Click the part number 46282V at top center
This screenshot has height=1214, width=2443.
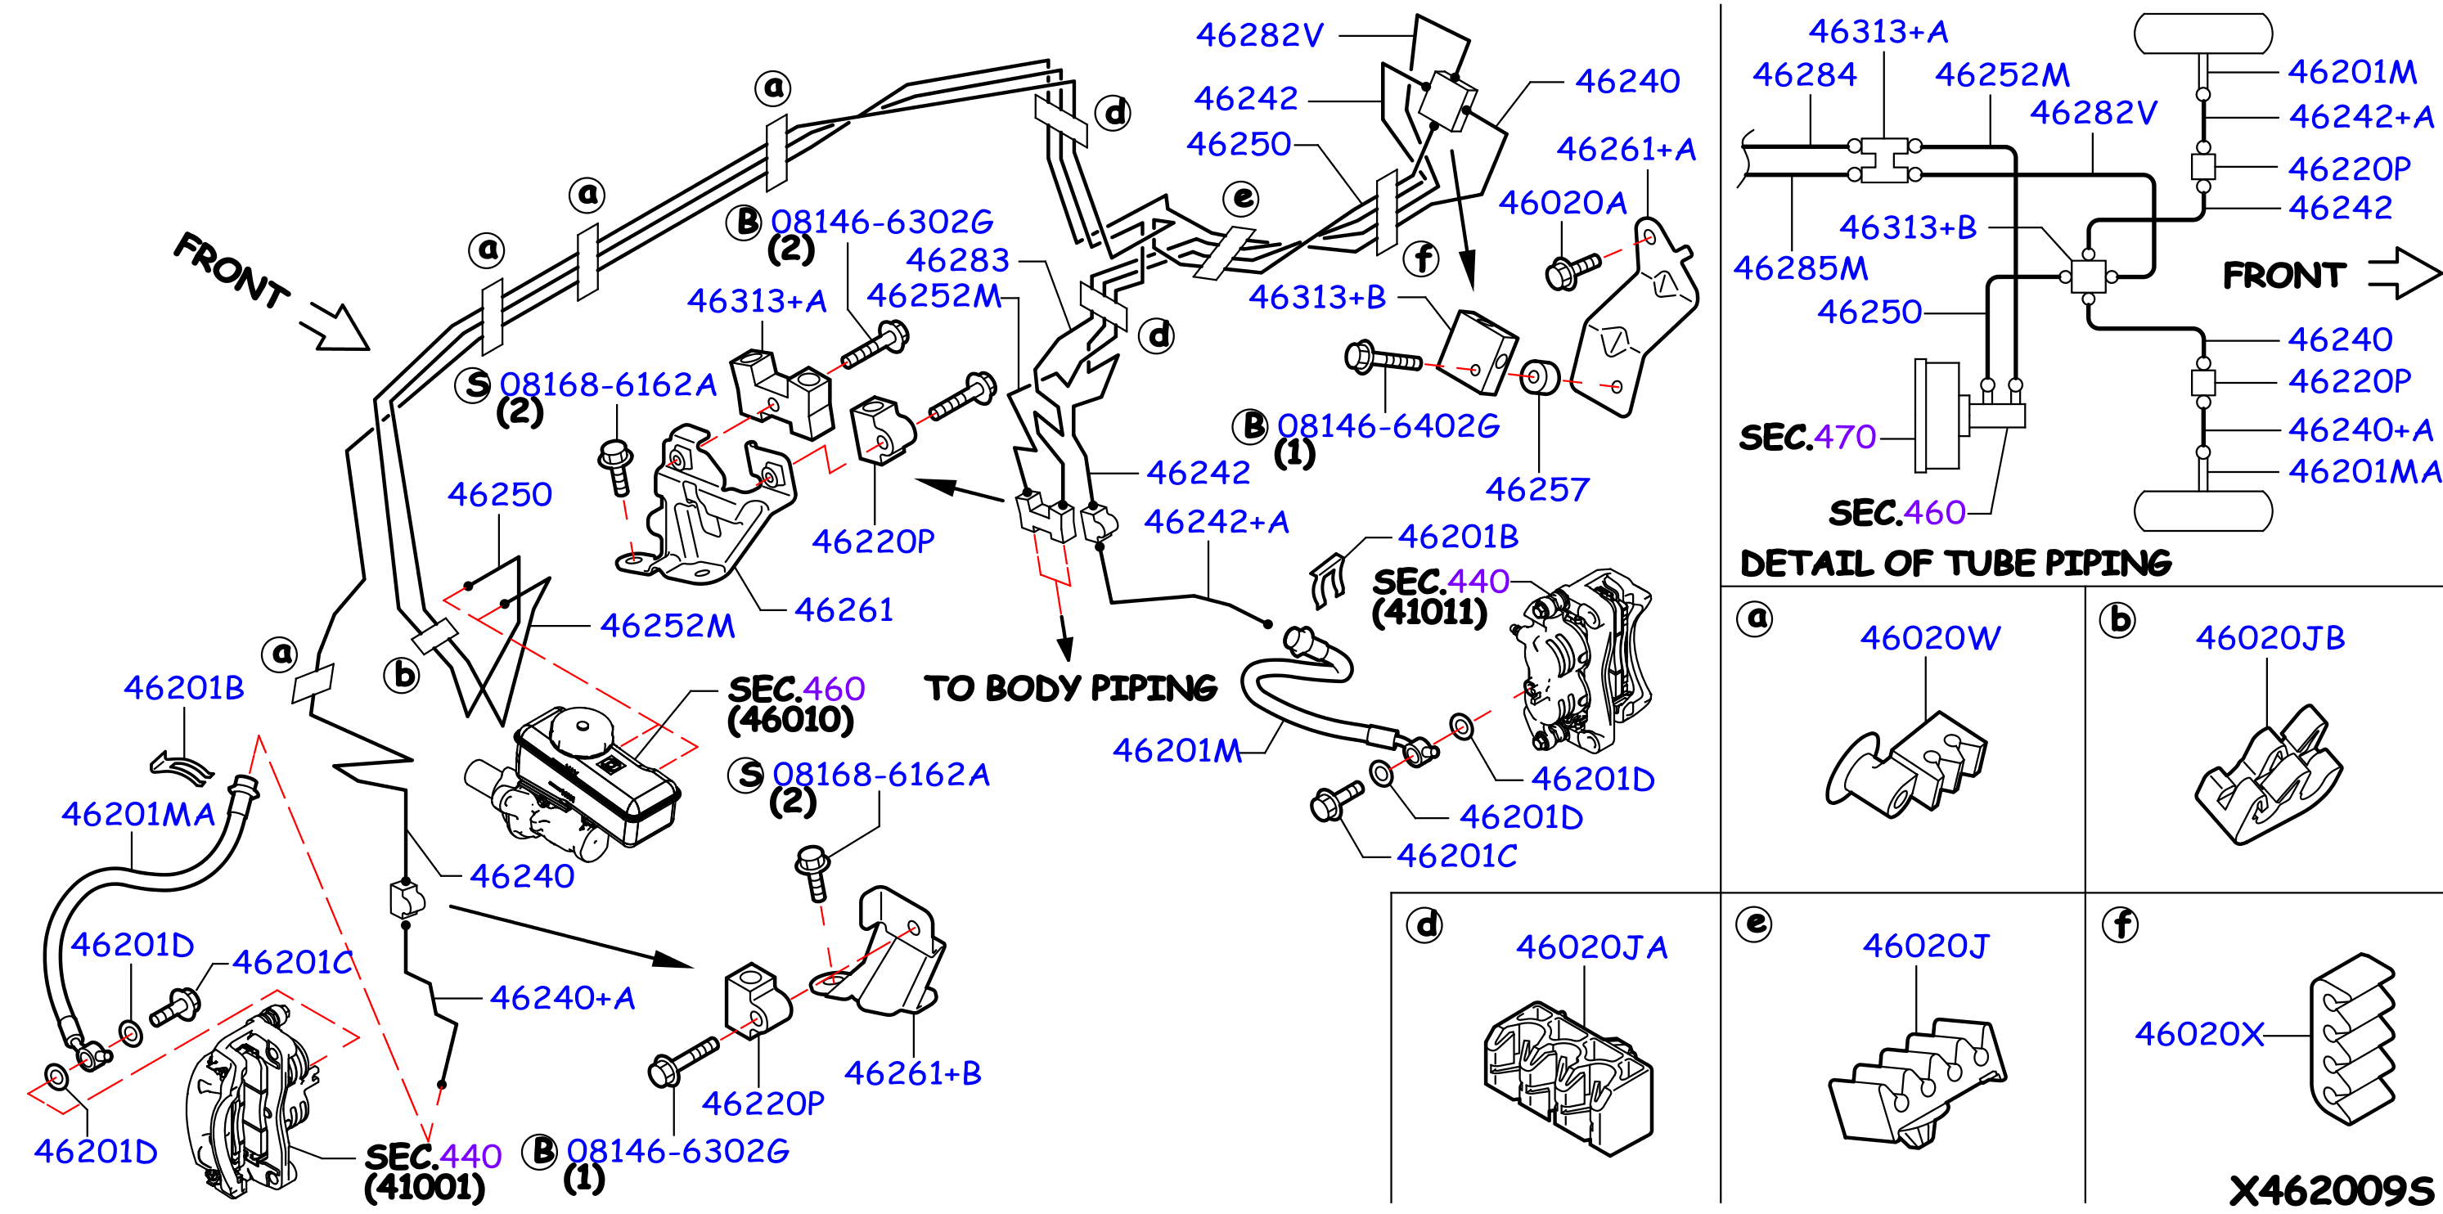[1258, 35]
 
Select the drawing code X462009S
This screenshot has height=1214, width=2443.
[2331, 1190]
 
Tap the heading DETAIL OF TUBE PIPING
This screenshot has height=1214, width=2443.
[1955, 564]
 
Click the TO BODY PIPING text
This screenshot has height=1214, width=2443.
[1070, 688]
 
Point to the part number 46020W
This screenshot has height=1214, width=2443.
[1930, 637]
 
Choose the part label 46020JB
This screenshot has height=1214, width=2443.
[2270, 637]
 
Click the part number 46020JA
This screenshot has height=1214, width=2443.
[1591, 946]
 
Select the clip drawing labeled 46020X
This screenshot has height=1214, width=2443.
[2352, 1039]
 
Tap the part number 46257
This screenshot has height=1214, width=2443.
[1536, 489]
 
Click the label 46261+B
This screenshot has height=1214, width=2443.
[912, 1072]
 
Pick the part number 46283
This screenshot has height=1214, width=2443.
[958, 259]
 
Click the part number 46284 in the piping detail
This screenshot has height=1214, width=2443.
[1804, 74]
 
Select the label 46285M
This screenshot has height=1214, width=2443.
[1800, 268]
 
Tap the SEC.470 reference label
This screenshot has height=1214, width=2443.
[1806, 437]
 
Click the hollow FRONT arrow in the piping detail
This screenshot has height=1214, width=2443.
[2403, 273]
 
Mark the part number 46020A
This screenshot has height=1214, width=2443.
[1562, 202]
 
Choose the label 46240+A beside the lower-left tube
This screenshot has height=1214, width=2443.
[562, 998]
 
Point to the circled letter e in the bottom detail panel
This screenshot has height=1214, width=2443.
[1756, 923]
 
